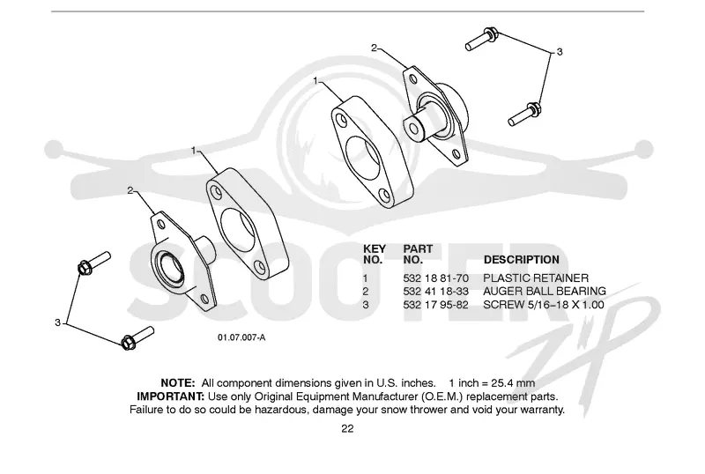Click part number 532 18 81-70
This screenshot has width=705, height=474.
[435, 278]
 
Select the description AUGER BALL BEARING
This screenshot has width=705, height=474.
[545, 292]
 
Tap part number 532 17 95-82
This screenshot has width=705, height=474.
[435, 305]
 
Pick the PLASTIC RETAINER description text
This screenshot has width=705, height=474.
[536, 278]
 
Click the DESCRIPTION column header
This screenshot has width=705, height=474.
[522, 260]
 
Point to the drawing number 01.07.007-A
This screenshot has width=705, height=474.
[241, 337]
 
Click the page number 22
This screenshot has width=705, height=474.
[347, 428]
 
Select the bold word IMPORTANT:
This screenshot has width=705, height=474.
[171, 396]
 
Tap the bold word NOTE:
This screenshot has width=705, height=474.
[178, 383]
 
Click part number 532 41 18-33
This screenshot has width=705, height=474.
[435, 292]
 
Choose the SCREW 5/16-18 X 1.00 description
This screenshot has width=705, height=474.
[544, 305]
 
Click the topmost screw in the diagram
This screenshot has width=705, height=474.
[481, 40]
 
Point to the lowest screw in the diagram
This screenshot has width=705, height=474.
[137, 338]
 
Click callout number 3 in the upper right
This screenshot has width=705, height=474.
[560, 52]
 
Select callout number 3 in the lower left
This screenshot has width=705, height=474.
[57, 322]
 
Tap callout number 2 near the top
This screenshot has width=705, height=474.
[374, 48]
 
